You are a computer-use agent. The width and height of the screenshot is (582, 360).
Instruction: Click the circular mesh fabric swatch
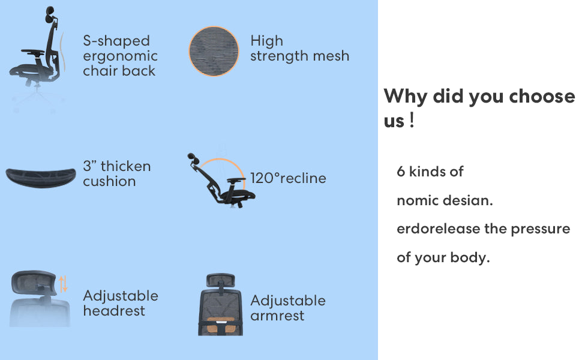click(214, 51)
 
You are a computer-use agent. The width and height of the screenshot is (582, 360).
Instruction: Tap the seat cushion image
click(41, 178)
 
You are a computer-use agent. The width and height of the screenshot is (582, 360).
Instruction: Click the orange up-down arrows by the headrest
click(64, 284)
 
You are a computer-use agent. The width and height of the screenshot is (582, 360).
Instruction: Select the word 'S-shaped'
click(116, 41)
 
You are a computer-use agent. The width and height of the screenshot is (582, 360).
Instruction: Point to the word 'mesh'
click(331, 56)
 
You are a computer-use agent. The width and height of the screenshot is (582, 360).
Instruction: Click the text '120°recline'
click(288, 178)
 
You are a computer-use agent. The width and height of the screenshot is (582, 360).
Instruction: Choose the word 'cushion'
click(109, 181)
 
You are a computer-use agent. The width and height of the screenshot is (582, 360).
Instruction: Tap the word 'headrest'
click(114, 311)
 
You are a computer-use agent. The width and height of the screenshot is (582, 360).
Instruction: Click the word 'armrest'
click(277, 316)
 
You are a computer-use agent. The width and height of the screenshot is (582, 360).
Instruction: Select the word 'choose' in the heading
click(542, 96)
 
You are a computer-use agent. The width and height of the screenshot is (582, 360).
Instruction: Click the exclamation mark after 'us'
click(412, 120)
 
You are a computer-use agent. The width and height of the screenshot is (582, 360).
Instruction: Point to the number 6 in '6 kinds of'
click(401, 172)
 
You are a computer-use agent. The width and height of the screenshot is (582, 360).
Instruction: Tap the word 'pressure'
click(541, 229)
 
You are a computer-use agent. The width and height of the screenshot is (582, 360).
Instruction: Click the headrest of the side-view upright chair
click(50, 14)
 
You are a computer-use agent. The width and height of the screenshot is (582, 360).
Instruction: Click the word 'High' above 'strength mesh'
click(266, 41)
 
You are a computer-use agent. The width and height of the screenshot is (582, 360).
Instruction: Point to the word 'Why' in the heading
click(406, 97)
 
